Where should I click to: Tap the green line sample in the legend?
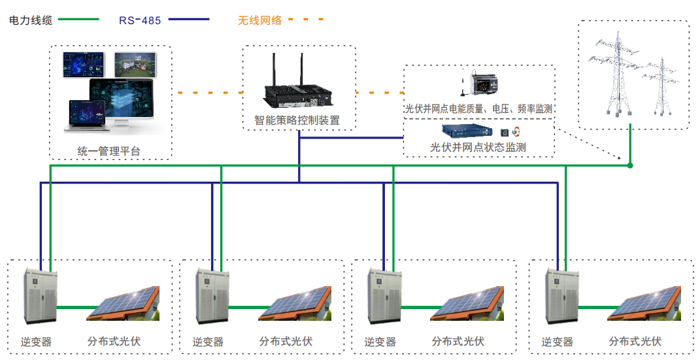[79, 20]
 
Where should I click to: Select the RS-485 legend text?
[140, 20]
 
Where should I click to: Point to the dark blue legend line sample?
[189, 20]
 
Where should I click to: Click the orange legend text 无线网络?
[259, 20]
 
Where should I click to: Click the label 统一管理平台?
[108, 152]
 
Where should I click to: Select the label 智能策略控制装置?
[297, 121]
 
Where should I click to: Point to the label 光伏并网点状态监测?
[478, 148]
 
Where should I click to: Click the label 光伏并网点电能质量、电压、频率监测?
[479, 108]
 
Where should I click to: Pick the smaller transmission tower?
[662, 87]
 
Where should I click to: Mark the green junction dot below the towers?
[630, 166]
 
